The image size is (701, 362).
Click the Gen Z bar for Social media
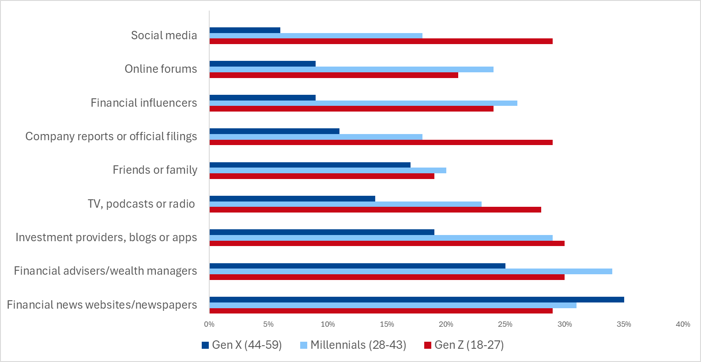381,41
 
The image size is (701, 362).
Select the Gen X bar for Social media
245,30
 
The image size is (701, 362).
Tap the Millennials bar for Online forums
351,69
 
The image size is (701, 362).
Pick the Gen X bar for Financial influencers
263,97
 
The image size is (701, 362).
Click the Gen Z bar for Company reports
381,142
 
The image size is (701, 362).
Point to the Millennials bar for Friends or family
328,170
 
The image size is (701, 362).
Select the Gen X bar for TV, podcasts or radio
292,198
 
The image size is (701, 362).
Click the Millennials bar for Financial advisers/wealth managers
411,271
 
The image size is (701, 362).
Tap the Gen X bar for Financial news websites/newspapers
417,299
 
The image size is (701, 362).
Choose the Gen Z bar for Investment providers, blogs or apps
387,243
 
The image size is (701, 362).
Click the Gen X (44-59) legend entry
241,345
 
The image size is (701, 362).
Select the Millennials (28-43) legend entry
353,345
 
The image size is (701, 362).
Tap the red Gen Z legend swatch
427,345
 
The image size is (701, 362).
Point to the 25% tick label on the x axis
505,324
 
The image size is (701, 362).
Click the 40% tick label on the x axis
682,324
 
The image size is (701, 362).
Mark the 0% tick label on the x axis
209,324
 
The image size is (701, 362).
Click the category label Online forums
161,69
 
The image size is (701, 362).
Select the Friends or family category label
155,170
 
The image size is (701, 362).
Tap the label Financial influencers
144,103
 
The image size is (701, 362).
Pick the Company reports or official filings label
111,136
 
